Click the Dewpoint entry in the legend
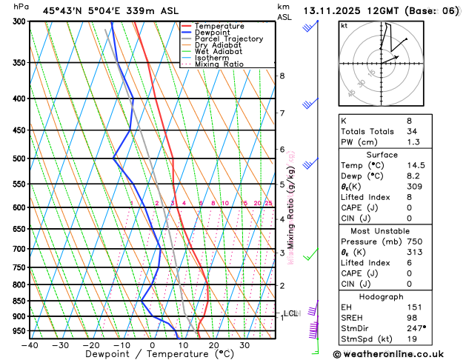point(215,33)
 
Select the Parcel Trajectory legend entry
point(228,39)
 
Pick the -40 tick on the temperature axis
point(30,345)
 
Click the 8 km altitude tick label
point(282,76)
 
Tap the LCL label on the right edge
point(290,313)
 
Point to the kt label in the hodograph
point(344,26)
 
